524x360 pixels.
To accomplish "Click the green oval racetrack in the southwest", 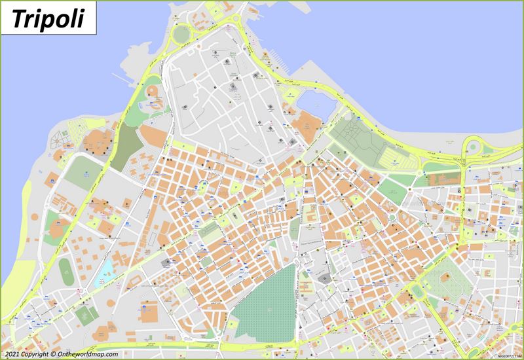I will pyautogui.click(x=65, y=269).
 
